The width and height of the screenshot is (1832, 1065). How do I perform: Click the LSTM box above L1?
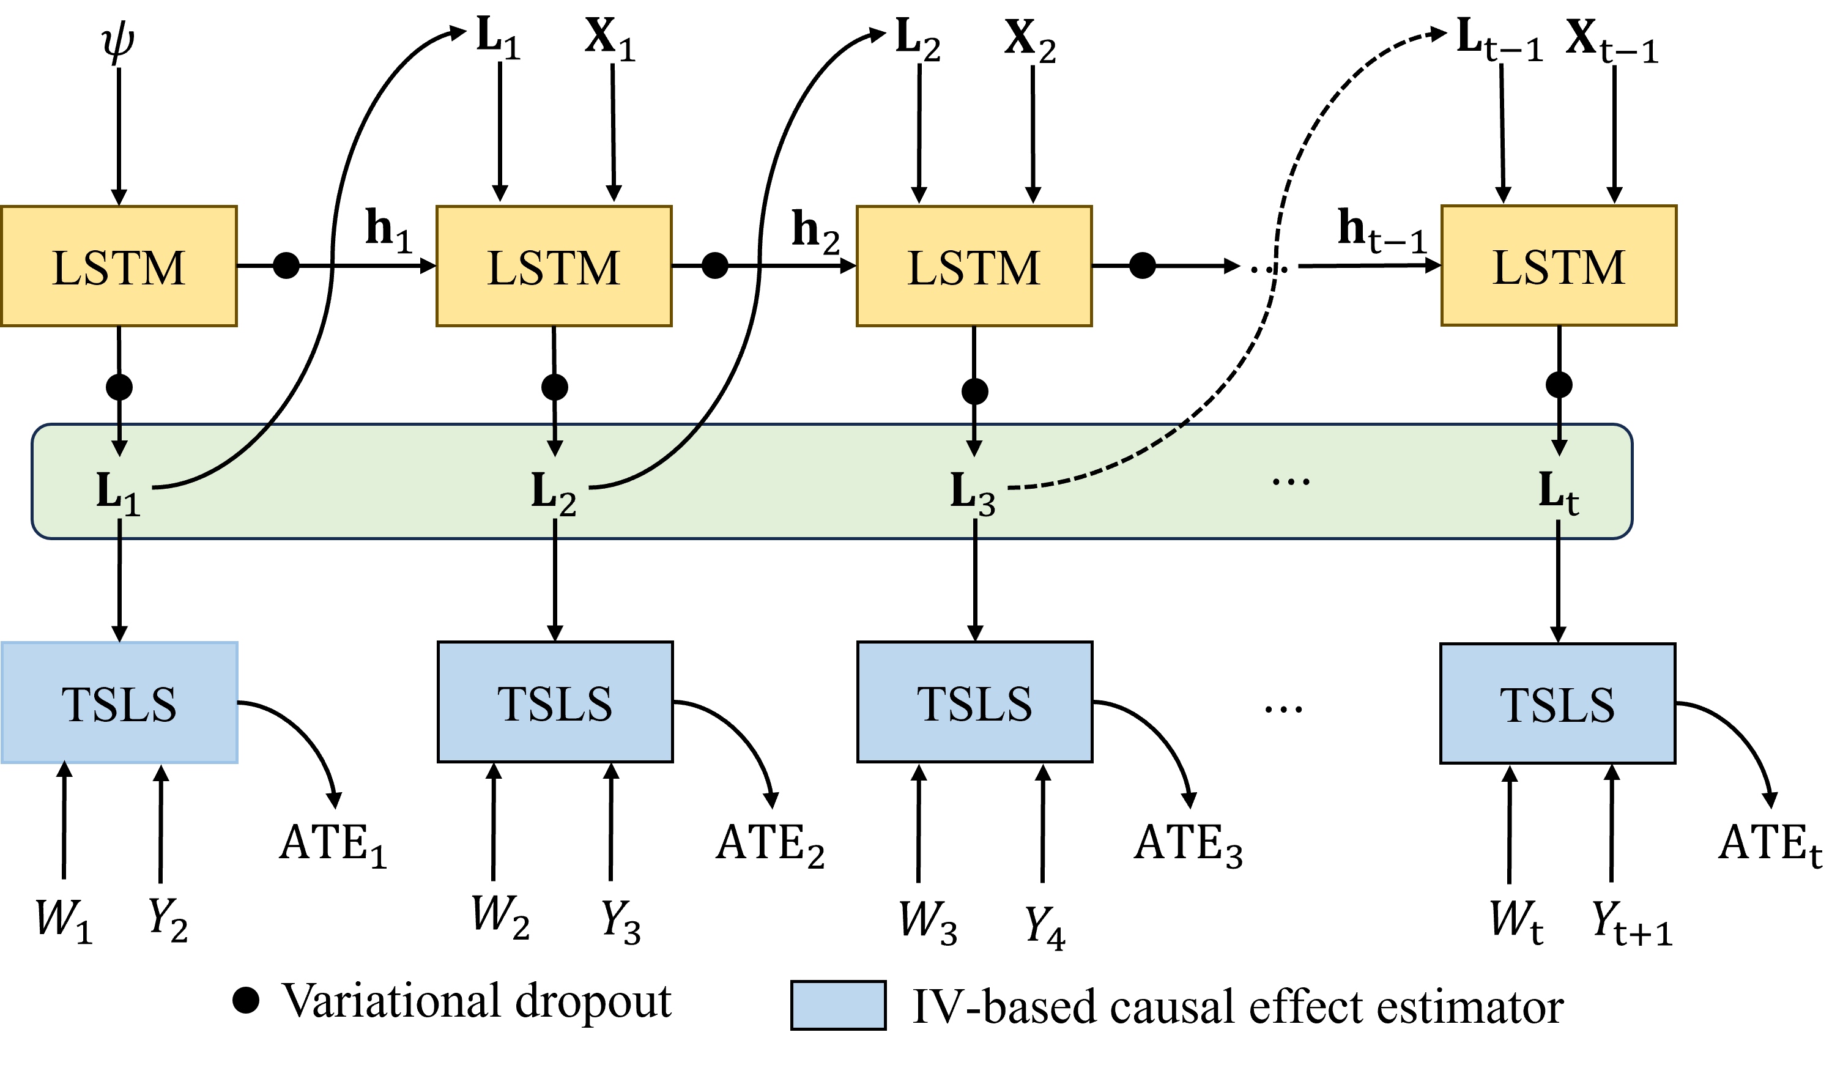[x=119, y=266]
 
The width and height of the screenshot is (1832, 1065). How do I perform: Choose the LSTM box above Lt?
[x=1559, y=265]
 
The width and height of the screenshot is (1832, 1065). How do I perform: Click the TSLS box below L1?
[x=119, y=702]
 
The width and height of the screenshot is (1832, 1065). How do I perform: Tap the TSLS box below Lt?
[x=1557, y=703]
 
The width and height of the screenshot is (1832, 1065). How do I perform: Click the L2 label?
[x=553, y=493]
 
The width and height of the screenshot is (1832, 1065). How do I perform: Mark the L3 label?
[x=973, y=493]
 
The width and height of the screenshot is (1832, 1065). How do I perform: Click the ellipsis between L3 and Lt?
[x=1291, y=481]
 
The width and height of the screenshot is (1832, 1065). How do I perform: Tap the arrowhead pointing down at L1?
[x=120, y=448]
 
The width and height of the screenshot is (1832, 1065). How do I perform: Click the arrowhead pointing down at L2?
[x=555, y=448]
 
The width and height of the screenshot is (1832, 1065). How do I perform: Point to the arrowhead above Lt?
[x=1559, y=448]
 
